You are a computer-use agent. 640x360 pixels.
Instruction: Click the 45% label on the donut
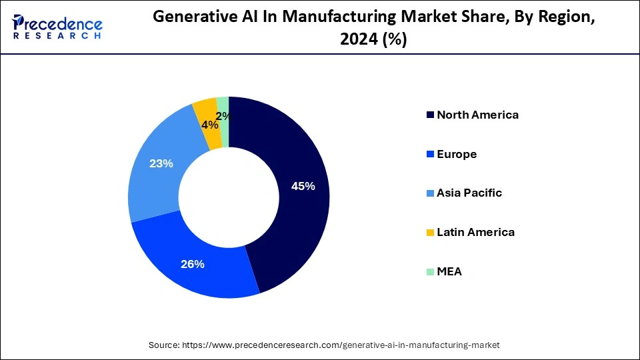pyautogui.click(x=303, y=187)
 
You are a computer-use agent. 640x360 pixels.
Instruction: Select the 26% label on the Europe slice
pyautogui.click(x=192, y=264)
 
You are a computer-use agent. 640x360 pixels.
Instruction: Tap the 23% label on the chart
pyautogui.click(x=161, y=163)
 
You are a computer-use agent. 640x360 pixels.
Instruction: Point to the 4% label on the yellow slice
pyautogui.click(x=209, y=125)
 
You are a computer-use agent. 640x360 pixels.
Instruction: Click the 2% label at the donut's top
pyautogui.click(x=224, y=116)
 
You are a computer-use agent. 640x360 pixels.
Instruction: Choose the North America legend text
pyautogui.click(x=477, y=115)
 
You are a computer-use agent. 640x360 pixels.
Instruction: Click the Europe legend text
pyautogui.click(x=457, y=154)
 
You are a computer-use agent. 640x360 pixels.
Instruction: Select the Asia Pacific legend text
pyautogui.click(x=469, y=193)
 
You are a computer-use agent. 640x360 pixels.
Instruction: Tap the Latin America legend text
pyautogui.click(x=475, y=232)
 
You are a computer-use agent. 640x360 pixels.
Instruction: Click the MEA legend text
pyautogui.click(x=449, y=271)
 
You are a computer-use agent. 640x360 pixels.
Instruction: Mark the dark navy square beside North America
pyautogui.click(x=430, y=115)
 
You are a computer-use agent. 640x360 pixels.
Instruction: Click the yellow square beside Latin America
pyautogui.click(x=430, y=233)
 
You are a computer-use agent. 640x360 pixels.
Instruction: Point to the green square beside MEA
pyautogui.click(x=430, y=271)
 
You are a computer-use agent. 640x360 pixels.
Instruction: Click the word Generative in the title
pyautogui.click(x=193, y=18)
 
